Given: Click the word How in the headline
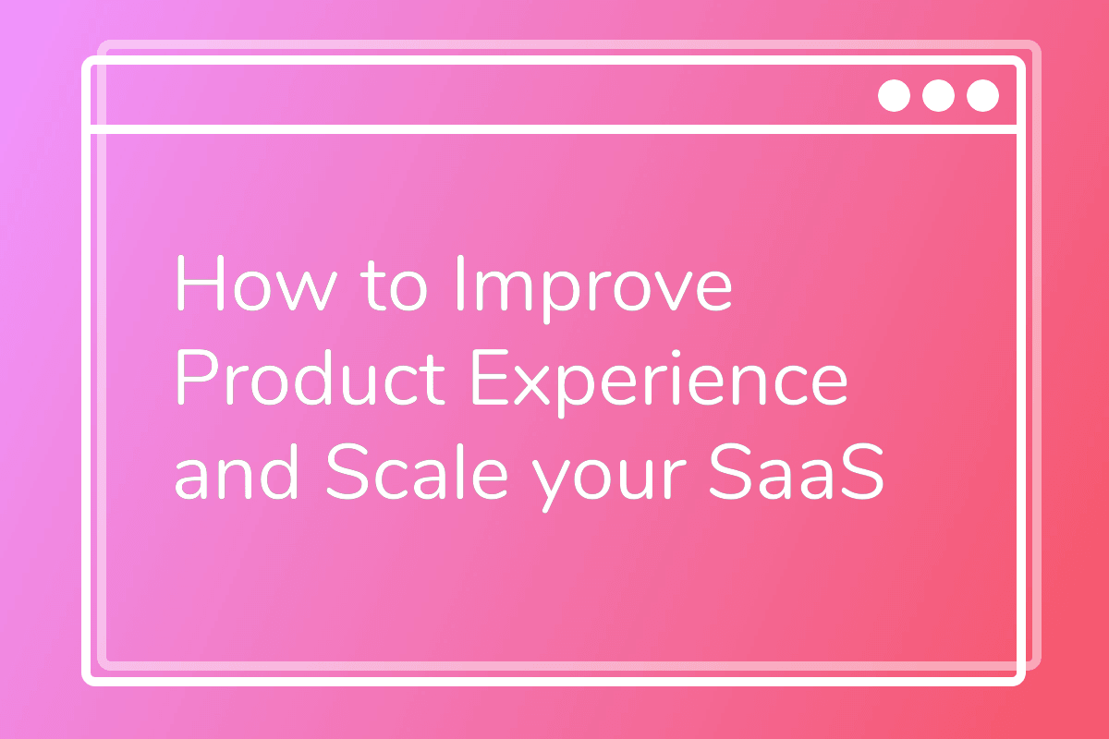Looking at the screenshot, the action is [256, 283].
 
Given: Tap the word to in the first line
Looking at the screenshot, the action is [394, 285].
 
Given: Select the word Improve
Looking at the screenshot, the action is [594, 289].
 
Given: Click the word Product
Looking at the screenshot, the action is [311, 377].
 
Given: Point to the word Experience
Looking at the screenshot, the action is [660, 383].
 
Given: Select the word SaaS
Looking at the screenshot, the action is [797, 472].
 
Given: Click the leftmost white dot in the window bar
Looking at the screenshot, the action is [894, 95].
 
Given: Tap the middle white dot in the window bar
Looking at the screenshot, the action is [938, 95].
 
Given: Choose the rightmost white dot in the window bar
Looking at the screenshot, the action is [982, 95].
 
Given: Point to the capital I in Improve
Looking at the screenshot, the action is [460, 283].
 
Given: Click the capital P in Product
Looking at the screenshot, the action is [197, 377].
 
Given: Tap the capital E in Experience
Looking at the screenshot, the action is [491, 377].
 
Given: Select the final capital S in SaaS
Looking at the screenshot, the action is [862, 472].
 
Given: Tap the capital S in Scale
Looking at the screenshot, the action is [348, 472].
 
